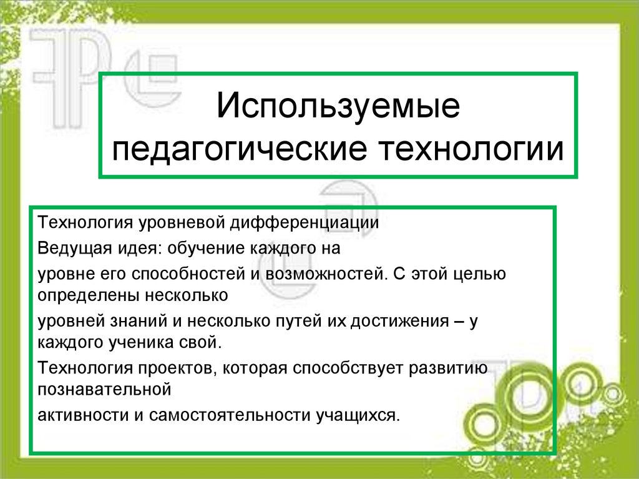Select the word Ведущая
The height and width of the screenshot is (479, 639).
(72, 249)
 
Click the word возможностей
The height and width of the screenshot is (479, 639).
(322, 274)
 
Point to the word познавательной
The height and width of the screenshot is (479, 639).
(104, 389)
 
